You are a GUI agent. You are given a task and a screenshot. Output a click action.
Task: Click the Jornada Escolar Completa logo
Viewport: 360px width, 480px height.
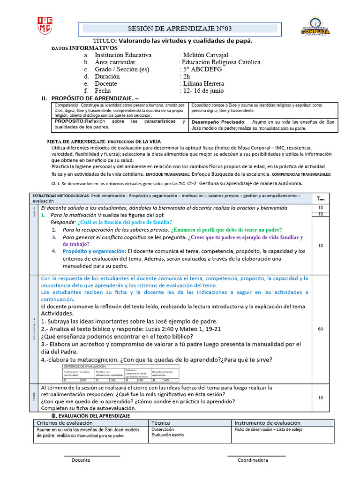[315, 26]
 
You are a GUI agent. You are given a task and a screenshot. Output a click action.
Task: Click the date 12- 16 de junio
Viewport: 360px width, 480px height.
[203, 90]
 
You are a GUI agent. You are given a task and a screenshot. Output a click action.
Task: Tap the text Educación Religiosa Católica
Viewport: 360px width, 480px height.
[221, 62]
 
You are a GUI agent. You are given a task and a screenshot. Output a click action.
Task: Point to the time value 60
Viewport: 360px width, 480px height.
[320, 329]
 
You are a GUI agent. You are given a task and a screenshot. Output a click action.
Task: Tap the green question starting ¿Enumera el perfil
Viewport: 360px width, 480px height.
[226, 230]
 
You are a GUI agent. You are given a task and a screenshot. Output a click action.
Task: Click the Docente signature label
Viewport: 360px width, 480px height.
[81, 460]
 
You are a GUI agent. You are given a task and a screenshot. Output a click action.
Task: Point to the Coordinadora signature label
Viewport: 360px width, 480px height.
[253, 460]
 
